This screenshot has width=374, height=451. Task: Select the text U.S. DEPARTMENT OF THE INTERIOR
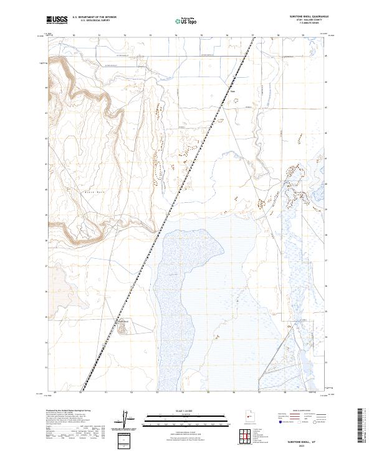pyautogui.click(x=94, y=17)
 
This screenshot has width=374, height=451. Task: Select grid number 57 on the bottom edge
pyautogui.click(x=259, y=392)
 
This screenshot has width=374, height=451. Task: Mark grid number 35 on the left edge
pyautogui.click(x=46, y=317)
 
